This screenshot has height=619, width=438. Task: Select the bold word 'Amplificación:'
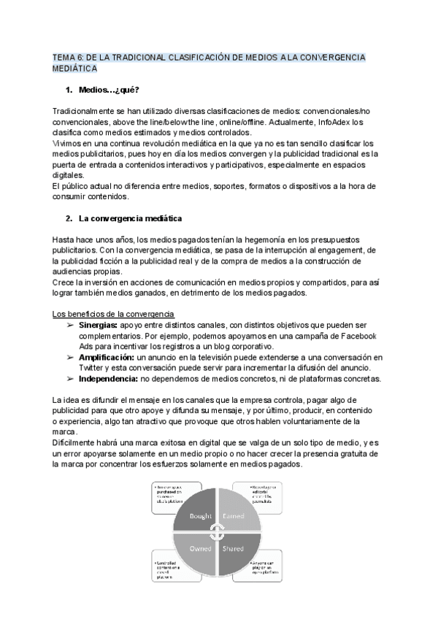107,357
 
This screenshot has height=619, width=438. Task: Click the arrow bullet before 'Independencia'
70,378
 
